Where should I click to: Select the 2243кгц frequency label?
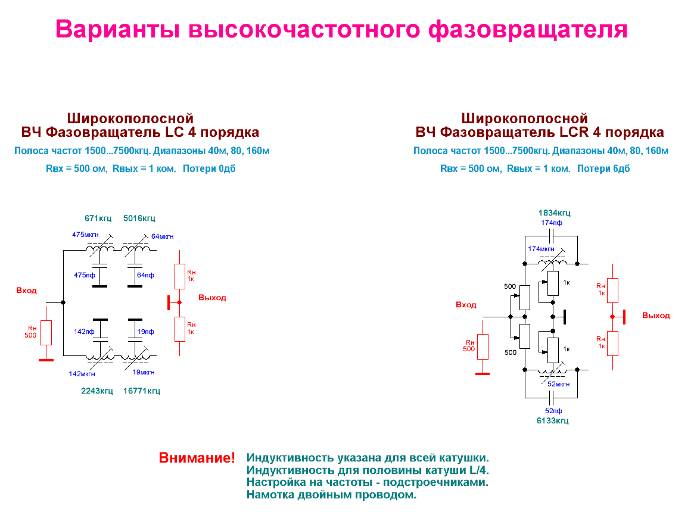coord(97,391)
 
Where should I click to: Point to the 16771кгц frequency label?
coord(141,391)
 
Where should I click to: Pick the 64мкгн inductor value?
coord(162,237)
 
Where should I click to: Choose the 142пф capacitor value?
coord(84,332)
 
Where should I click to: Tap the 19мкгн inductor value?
coord(143,373)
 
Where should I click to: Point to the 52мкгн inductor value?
coord(558,385)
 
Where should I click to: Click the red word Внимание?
coord(197,458)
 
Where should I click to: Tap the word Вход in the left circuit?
coord(27,291)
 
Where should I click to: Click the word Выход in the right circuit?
coord(656,316)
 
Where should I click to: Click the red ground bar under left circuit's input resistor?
coord(46,360)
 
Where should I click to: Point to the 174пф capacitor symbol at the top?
coord(551,236)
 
